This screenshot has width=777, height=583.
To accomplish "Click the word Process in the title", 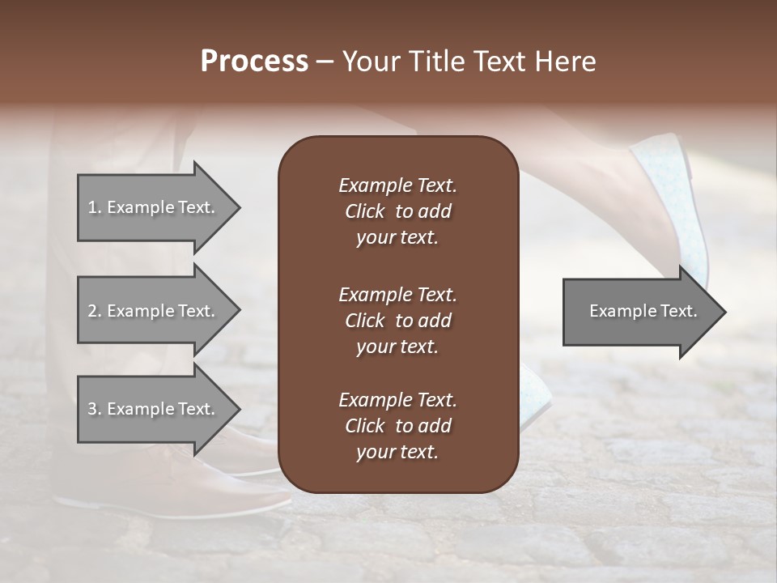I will pyautogui.click(x=254, y=62).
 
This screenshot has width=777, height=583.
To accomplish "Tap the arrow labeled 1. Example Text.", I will pyautogui.click(x=151, y=207).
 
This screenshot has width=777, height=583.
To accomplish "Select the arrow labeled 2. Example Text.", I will pyautogui.click(x=151, y=311).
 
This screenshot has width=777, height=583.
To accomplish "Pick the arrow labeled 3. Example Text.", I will pyautogui.click(x=151, y=409).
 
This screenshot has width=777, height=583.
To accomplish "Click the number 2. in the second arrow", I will pyautogui.click(x=94, y=311).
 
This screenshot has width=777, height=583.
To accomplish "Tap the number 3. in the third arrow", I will pyautogui.click(x=94, y=409).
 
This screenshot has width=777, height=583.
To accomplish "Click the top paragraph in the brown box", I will pyautogui.click(x=397, y=211).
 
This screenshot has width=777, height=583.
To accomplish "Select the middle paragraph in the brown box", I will pyautogui.click(x=397, y=320).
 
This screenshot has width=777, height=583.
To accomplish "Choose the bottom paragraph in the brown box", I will pyautogui.click(x=397, y=426).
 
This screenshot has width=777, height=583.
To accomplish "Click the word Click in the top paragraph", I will pyautogui.click(x=365, y=211).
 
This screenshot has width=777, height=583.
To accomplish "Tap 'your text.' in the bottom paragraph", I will pyautogui.click(x=397, y=452).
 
